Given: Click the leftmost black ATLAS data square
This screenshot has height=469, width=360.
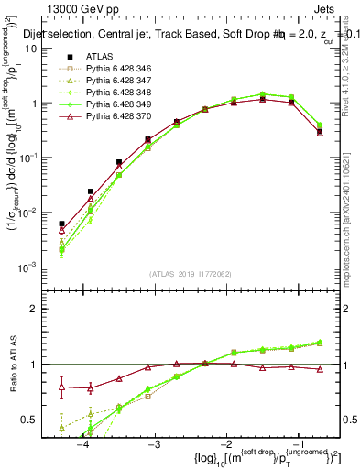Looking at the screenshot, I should coord(61,224).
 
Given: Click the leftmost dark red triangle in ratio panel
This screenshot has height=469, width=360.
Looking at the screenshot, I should coord(61,387).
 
